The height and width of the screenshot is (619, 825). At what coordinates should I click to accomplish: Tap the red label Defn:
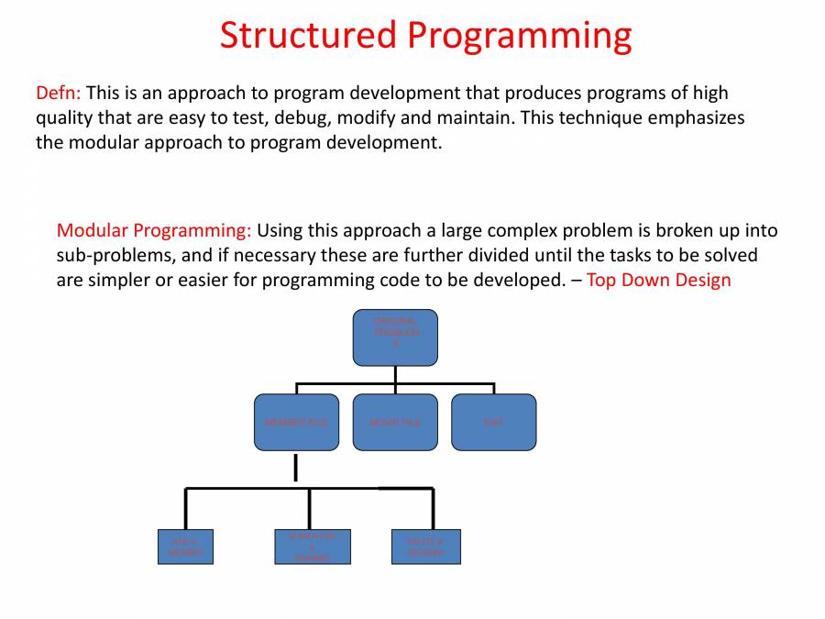pos(59,93)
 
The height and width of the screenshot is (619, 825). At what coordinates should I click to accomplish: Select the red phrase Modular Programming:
pos(154,230)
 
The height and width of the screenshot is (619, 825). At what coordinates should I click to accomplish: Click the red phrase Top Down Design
pos(658,280)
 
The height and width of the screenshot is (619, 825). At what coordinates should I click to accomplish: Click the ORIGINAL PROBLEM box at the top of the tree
pos(395,337)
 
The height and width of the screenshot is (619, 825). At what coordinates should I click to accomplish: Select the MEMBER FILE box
pos(295,422)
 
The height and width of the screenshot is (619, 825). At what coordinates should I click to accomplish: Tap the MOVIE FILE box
pos(395,422)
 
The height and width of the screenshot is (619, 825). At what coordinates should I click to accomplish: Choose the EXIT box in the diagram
pos(493,422)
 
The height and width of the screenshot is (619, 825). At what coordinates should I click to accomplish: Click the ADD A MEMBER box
pos(185,547)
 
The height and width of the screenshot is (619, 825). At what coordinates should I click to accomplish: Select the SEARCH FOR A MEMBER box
pos(312,547)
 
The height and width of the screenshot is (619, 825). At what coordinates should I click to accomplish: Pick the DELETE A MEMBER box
pos(425,547)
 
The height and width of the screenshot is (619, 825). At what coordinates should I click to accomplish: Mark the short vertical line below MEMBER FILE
pos(295,468)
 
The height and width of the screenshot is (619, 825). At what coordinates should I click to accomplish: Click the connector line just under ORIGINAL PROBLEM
pos(395,374)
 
